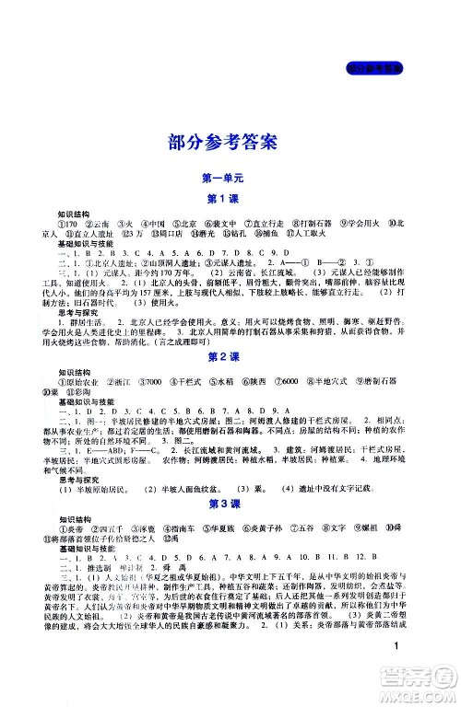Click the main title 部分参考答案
point(230,140)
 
